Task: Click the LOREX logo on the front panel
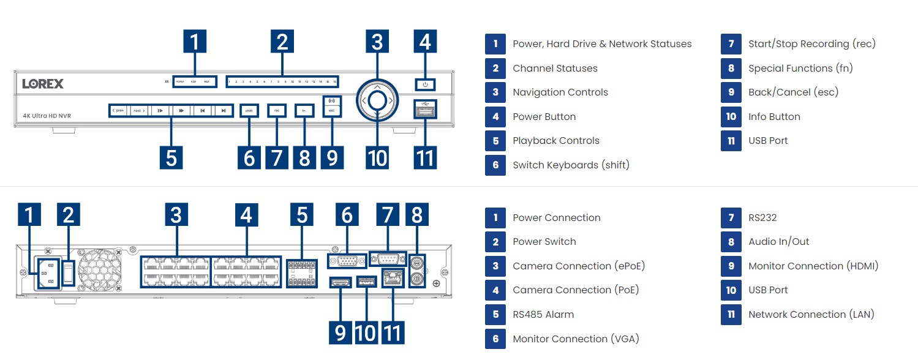tap(43, 84)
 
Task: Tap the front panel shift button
tap(249, 111)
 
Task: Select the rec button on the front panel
tap(277, 111)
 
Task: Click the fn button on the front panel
tap(304, 111)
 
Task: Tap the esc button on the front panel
tap(332, 110)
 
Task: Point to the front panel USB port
tap(425, 111)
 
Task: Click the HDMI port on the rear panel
tap(340, 282)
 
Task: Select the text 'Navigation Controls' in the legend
tap(560, 92)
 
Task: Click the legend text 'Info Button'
tap(774, 116)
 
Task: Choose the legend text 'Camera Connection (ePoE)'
tap(579, 266)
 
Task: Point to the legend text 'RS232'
tap(762, 217)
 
